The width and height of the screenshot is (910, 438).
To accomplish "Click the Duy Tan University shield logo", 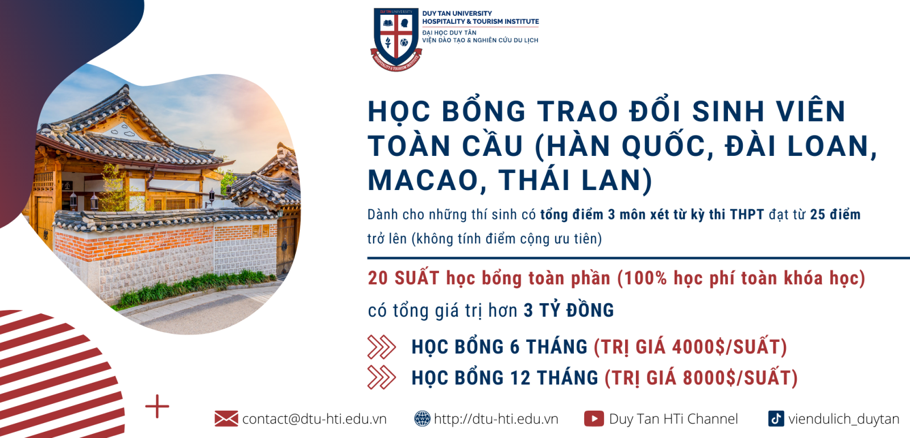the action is point(396,39).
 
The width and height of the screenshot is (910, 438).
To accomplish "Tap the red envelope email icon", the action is point(226,419).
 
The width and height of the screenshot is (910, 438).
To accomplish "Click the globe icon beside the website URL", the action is point(422,419).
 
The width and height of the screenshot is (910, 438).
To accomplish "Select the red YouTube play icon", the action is point(594,419).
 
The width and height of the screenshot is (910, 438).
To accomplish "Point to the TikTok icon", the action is point(776,419).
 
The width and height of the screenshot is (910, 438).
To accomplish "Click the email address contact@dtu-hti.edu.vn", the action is point(315,419).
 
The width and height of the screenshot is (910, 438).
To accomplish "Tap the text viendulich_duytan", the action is point(844,419).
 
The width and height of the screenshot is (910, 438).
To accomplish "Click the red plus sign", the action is point(157,406).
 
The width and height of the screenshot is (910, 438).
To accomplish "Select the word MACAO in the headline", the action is point(422,180).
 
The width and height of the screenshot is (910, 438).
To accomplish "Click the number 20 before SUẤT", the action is point(378,278).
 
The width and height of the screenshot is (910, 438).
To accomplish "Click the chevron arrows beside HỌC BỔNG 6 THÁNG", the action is point(382,347).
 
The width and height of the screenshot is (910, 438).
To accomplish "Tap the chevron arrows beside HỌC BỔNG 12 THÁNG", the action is point(382,378).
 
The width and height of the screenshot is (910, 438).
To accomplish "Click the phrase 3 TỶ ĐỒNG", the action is point(569,311).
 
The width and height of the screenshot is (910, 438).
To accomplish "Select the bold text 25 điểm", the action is point(835,214).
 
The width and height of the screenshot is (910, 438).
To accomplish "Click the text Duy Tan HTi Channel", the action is point(673,419).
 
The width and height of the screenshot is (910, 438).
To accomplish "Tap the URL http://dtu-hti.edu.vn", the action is point(496,419).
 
